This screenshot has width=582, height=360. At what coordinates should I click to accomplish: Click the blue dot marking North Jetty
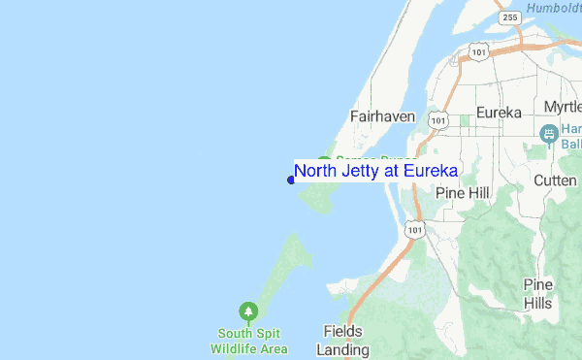click(291, 179)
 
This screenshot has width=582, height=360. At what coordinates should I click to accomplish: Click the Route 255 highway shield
click(510, 17)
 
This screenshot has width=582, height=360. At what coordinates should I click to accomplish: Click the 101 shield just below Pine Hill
click(415, 229)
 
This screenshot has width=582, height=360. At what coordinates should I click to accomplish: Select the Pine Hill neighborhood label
click(464, 192)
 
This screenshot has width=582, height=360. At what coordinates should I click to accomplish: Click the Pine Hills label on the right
click(538, 293)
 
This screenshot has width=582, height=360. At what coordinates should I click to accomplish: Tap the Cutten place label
click(557, 181)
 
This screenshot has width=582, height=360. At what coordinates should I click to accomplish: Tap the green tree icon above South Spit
click(250, 311)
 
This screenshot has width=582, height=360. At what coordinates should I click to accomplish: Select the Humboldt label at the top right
click(553, 9)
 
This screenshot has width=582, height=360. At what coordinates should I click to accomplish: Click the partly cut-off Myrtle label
click(562, 106)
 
